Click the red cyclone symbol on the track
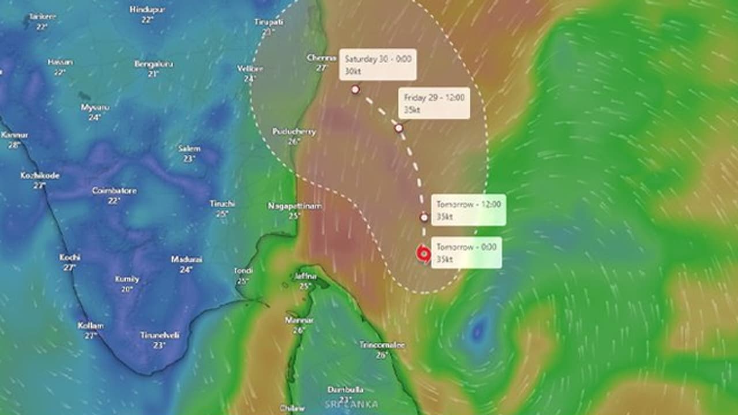424,254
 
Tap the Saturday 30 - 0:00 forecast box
378,64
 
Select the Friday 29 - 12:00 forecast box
434,103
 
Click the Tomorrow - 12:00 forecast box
469,210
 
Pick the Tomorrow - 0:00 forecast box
466,252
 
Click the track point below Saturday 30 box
355,89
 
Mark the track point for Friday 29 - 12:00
398,128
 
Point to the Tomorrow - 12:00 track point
424,217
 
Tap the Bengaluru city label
153,64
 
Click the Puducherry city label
294,132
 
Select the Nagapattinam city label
295,206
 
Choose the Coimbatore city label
114,191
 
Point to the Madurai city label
186,259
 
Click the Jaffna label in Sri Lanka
305,276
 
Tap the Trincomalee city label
382,345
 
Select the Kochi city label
70,257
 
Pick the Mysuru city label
95,107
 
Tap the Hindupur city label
148,10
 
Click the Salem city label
189,149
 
